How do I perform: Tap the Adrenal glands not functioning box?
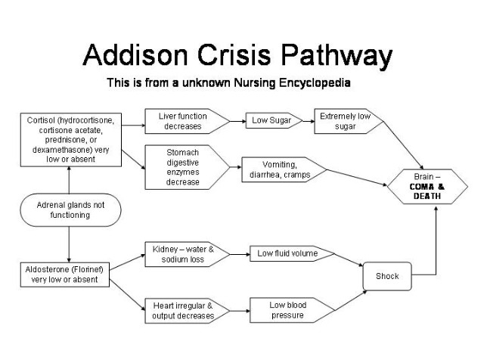69,209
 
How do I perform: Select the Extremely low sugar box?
345,121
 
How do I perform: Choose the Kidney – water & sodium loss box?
186,253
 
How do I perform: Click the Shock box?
386,276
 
